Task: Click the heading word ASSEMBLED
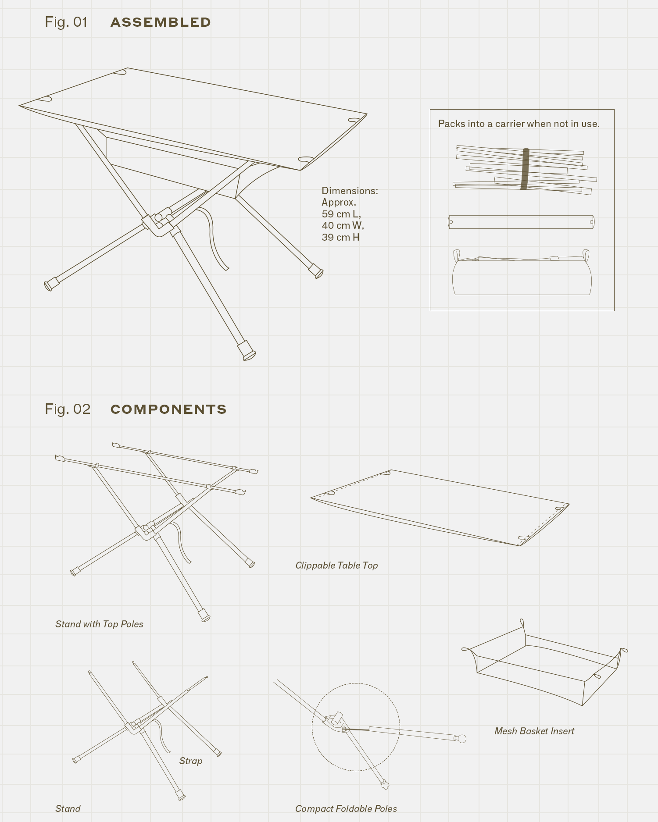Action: (161, 22)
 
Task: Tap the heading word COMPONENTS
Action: (168, 409)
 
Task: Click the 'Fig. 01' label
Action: (66, 22)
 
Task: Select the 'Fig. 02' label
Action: (68, 409)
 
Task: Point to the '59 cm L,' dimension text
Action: (341, 214)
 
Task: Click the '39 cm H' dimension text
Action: (340, 237)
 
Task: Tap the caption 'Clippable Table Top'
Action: (336, 566)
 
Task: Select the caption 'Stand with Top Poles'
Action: (99, 624)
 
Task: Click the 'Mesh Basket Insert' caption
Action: (534, 731)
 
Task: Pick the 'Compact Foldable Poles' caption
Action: (346, 809)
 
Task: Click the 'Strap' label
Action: (191, 761)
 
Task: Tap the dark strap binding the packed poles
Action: (525, 169)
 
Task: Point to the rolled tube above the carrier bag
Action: (521, 222)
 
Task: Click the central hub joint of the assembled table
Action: (158, 222)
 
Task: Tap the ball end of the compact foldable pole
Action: (461, 739)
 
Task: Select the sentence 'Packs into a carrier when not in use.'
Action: (519, 124)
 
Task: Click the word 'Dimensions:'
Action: (350, 191)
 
